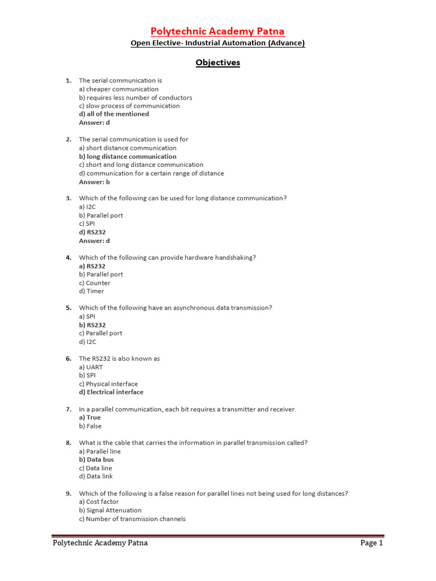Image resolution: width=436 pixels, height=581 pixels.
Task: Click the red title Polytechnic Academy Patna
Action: (217, 31)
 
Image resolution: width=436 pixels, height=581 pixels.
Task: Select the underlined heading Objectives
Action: (218, 62)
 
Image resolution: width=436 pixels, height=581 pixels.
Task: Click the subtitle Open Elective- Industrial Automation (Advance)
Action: (218, 44)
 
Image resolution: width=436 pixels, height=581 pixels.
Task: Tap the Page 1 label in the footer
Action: (372, 543)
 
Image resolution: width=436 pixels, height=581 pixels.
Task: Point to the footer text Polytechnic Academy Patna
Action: (100, 543)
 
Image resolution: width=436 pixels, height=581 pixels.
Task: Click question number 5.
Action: (68, 308)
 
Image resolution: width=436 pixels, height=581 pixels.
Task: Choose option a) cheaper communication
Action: (119, 89)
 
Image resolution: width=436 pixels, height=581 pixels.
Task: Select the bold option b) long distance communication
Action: (128, 157)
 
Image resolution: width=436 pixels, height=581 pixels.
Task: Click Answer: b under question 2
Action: (94, 182)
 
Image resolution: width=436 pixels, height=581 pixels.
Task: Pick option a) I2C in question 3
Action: (87, 207)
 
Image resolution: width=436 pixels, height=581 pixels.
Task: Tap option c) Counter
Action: (95, 283)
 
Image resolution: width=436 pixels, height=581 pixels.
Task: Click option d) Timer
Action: (91, 291)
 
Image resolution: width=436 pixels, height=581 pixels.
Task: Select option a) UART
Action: (91, 367)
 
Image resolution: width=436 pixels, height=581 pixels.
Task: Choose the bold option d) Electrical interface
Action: (111, 392)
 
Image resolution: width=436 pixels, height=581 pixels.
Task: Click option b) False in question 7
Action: (90, 426)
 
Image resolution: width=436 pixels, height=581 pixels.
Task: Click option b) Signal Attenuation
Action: (110, 510)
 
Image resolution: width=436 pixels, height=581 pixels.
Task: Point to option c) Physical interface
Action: (108, 384)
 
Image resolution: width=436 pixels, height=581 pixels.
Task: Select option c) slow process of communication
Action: (129, 106)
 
